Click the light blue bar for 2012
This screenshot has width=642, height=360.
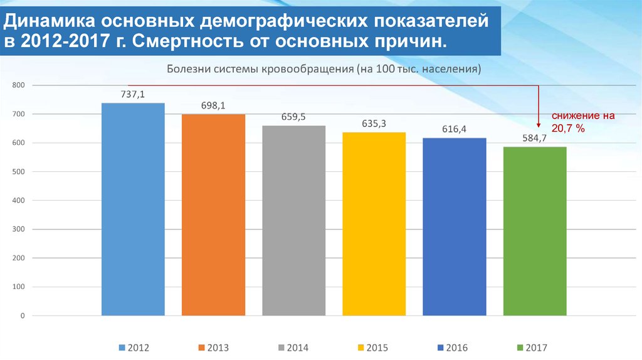click(x=133, y=209)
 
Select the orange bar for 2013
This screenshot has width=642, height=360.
click(x=213, y=214)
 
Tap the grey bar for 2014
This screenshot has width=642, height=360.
click(x=293, y=220)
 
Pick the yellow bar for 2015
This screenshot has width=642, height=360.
click(x=374, y=223)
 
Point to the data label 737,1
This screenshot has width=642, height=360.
click(x=133, y=94)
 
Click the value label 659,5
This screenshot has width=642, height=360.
click(x=293, y=117)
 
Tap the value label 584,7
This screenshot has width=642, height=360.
click(x=535, y=138)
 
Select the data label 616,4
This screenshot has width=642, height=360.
click(x=454, y=129)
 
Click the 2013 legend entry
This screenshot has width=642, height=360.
click(x=213, y=347)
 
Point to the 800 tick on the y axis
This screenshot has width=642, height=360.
click(x=18, y=85)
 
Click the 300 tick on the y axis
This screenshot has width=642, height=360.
click(x=18, y=230)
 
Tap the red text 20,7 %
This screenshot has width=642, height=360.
click(x=568, y=128)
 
